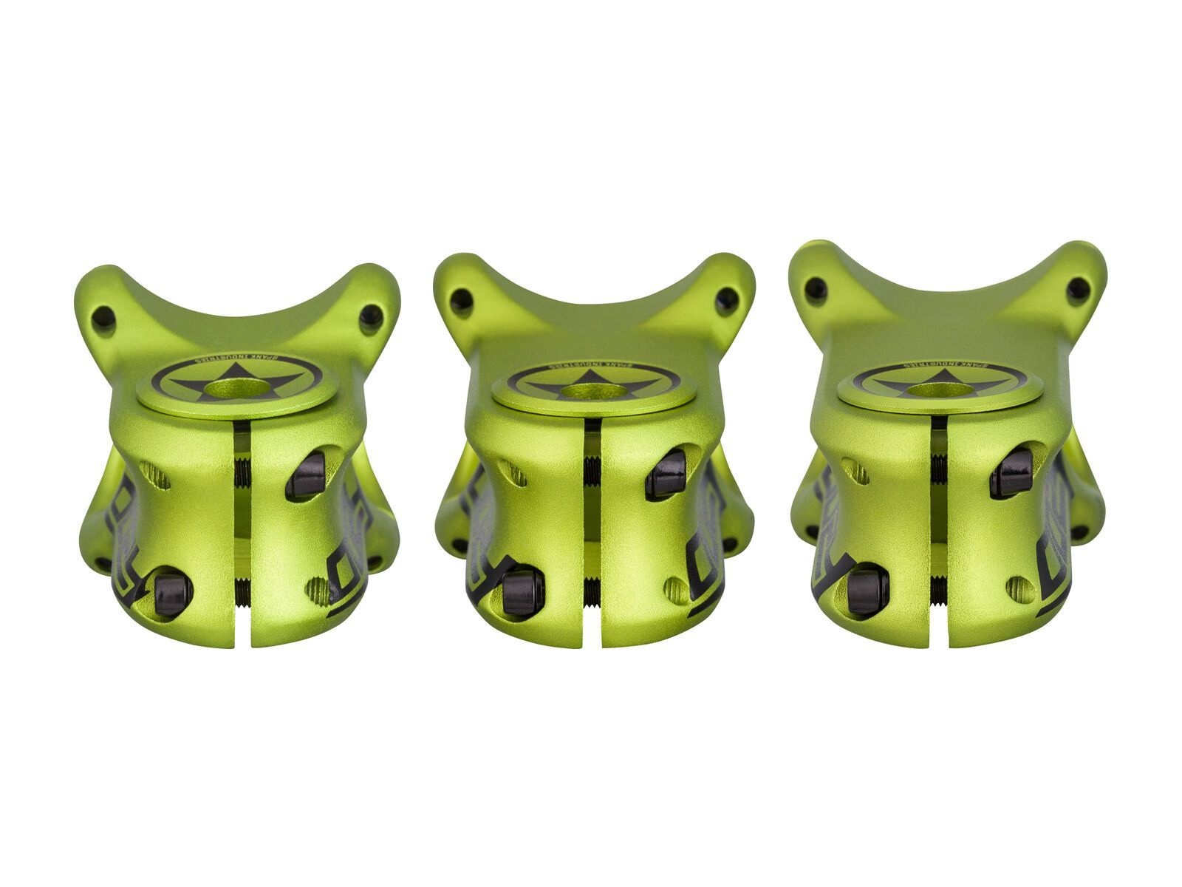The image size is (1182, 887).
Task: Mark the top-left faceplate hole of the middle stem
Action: tap(461, 300)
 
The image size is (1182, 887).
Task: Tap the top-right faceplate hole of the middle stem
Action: tap(727, 299)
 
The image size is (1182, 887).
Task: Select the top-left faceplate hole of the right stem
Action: tap(816, 289)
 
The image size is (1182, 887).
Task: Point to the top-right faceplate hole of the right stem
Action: tap(1078, 289)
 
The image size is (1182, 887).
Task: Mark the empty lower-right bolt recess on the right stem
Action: tap(1020, 588)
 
